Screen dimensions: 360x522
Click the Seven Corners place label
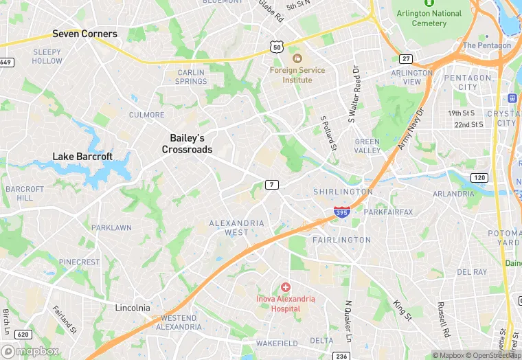tap(85, 34)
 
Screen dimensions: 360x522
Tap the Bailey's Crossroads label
tap(187, 144)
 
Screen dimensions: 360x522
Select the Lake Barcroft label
tap(82, 157)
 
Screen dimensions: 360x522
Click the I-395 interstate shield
tap(341, 213)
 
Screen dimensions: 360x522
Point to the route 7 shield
tap(273, 184)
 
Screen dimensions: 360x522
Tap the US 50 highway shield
tap(276, 46)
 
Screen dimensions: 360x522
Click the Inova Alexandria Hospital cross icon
tap(285, 286)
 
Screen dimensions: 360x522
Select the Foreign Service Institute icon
tap(297, 57)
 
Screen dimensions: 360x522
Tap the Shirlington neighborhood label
tap(343, 192)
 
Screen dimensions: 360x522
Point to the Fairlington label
tap(341, 240)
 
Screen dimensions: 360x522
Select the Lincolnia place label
tap(133, 308)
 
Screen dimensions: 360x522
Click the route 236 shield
tap(341, 355)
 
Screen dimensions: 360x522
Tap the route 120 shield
tap(479, 178)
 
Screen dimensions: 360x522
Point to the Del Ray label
tap(472, 272)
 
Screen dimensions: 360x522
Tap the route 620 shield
tap(23, 335)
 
